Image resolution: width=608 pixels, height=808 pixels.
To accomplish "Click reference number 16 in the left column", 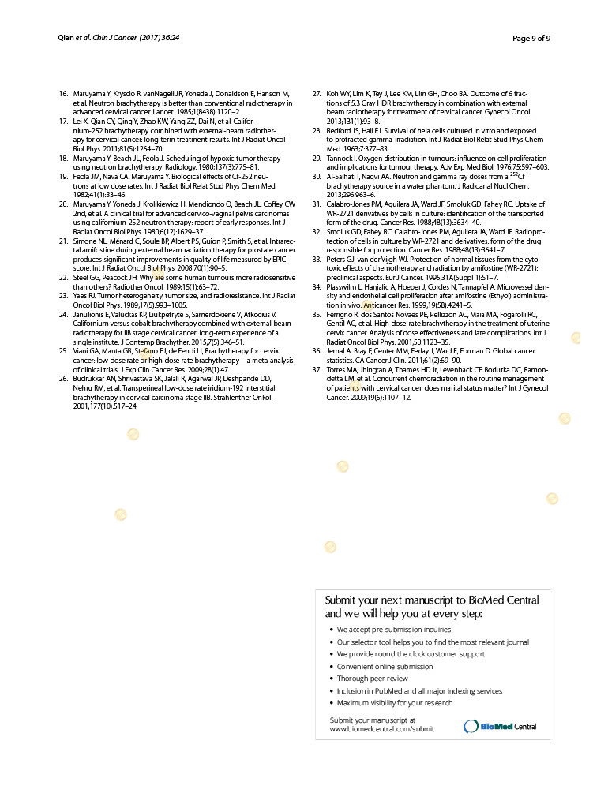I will coord(63,94).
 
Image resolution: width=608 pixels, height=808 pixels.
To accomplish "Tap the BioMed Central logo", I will coord(501,726).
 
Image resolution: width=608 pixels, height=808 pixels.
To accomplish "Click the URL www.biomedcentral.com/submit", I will coord(381,729).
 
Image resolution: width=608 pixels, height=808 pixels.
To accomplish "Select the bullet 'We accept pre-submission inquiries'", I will coord(393,630).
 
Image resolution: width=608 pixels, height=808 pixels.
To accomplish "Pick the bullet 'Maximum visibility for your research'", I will coord(394,703).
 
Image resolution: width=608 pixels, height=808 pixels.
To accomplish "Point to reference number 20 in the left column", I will coord(63,204).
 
